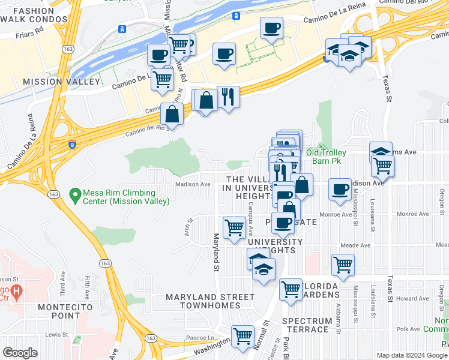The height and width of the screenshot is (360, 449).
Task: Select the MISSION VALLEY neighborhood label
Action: tap(61, 81)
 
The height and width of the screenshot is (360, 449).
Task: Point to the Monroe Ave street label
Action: tap(336, 214)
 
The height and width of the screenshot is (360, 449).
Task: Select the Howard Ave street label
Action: tap(412, 298)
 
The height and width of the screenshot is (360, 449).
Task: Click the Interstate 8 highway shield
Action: tap(73, 145)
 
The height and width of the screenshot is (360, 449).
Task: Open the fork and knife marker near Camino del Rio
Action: tap(228, 96)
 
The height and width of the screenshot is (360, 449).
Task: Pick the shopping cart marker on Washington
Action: tap(243, 335)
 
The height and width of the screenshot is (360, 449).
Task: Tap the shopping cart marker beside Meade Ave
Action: tap(343, 263)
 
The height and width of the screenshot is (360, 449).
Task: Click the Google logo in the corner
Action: tap(20, 353)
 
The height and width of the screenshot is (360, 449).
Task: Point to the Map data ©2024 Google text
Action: tap(412, 355)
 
